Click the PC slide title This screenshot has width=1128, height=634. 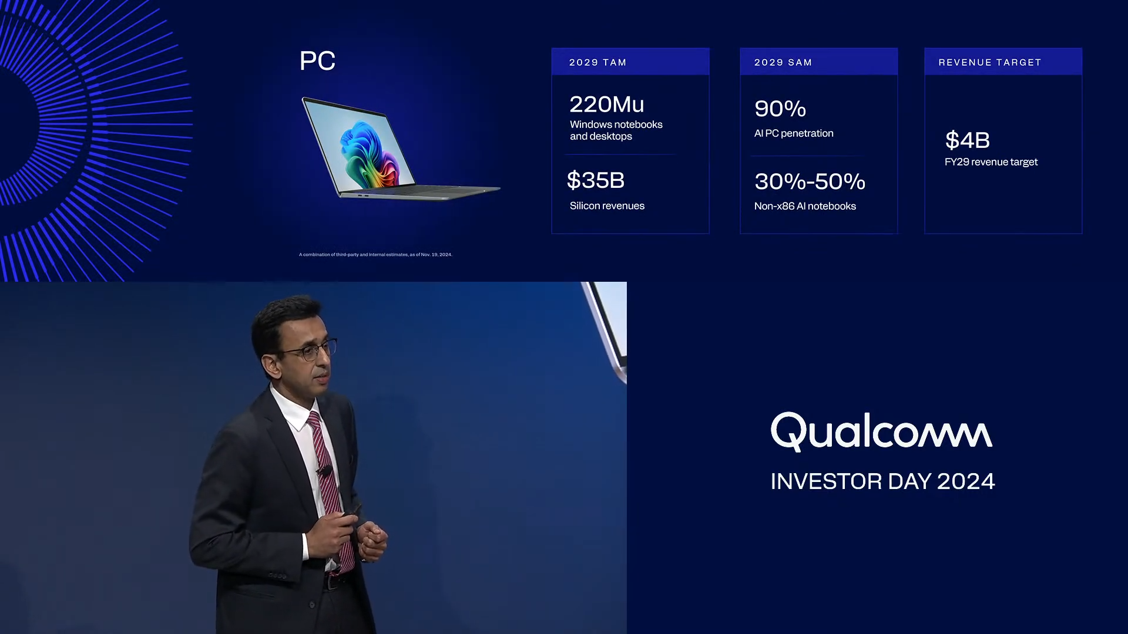[x=317, y=60]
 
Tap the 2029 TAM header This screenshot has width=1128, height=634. [x=597, y=62]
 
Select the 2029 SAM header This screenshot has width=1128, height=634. [x=783, y=62]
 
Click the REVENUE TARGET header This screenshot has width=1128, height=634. [x=989, y=62]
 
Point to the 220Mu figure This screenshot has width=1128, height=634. [x=606, y=104]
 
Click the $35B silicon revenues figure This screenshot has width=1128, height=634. [x=595, y=180]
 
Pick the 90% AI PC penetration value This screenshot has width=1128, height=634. [x=780, y=109]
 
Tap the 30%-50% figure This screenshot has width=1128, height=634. [x=810, y=181]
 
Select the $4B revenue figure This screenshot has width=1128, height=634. [x=967, y=140]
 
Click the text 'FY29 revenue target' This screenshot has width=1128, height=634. [x=991, y=162]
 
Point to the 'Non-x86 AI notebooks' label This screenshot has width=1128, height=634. [x=805, y=206]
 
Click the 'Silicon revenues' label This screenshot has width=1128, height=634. [x=607, y=206]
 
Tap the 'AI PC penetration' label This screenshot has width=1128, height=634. [x=793, y=133]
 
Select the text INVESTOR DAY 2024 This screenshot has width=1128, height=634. [x=882, y=481]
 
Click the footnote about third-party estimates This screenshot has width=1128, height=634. [x=375, y=255]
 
